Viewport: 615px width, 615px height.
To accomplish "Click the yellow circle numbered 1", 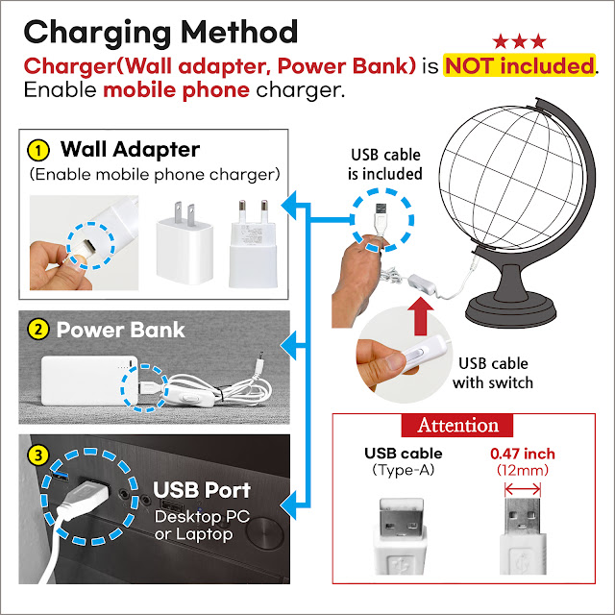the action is click(x=37, y=151).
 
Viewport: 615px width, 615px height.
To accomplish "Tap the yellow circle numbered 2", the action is click(x=37, y=330).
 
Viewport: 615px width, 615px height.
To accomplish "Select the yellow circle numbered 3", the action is click(x=37, y=453).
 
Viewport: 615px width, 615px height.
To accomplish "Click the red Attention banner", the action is click(x=457, y=425).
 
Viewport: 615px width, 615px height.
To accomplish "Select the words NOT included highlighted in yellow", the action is click(x=518, y=66).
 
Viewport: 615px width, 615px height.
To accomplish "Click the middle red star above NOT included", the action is click(x=519, y=41).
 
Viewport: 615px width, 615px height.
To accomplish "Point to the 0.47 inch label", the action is click(x=523, y=454).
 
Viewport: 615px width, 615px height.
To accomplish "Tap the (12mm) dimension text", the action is click(x=523, y=471).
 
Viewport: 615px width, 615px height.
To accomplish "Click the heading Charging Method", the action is click(x=160, y=31).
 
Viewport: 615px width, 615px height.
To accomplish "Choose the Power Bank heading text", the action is click(x=120, y=330).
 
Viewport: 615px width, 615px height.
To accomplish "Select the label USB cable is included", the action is click(x=384, y=164).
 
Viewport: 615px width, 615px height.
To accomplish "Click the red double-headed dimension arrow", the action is click(x=523, y=489).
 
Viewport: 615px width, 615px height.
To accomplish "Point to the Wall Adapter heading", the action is click(x=130, y=150).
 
